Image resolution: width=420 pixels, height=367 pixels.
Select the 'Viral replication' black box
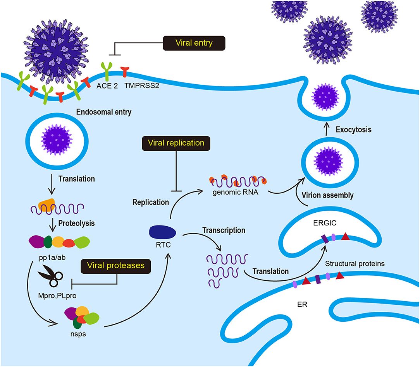click(x=176, y=143)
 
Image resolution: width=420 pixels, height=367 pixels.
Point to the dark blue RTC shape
click(x=163, y=232)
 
